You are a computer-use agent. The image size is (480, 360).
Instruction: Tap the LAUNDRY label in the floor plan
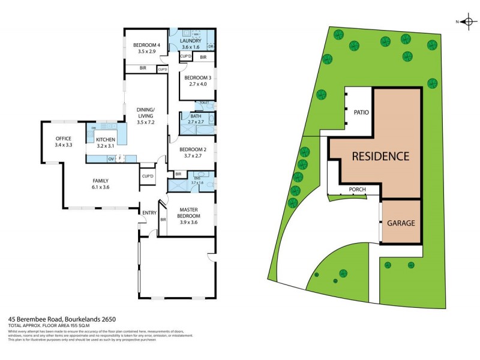[194, 41]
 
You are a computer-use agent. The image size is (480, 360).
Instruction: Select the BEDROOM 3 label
[197, 77]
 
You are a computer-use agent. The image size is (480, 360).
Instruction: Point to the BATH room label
[196, 116]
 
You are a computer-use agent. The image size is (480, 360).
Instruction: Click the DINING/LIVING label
[146, 112]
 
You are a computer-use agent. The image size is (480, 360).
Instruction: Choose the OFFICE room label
[63, 139]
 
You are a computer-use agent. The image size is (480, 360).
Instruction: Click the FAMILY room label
[100, 181]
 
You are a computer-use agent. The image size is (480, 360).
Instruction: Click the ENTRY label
[149, 212]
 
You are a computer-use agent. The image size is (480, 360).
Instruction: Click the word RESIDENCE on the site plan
[380, 157]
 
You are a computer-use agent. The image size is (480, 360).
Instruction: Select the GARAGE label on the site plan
[401, 223]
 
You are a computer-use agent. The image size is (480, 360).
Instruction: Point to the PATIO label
[361, 112]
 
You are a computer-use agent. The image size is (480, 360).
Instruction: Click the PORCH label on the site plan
[358, 189]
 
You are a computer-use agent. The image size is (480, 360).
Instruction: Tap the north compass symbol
[466, 22]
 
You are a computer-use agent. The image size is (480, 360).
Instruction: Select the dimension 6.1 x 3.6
[100, 187]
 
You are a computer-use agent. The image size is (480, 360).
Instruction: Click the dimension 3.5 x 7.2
[146, 122]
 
